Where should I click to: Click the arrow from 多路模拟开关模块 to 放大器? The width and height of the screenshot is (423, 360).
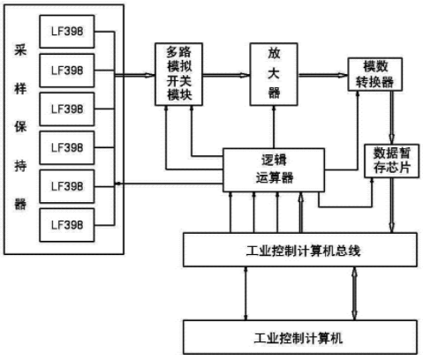tap(226, 75)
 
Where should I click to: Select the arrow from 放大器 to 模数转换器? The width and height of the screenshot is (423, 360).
tap(323, 75)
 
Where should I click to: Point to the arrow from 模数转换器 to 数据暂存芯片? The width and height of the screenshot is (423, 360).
tap(391, 117)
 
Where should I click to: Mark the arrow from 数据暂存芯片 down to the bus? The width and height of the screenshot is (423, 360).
tap(391, 206)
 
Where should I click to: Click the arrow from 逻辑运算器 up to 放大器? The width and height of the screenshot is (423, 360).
tap(274, 127)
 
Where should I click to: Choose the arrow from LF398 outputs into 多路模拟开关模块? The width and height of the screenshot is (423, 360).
tap(134, 75)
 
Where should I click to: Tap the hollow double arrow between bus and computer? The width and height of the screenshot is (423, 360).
tap(354, 294)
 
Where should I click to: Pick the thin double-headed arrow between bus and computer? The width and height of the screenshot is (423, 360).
tap(246, 294)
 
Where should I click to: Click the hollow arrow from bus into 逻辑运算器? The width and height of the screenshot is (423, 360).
tap(300, 213)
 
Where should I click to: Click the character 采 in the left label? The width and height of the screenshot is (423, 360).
tap(20, 50)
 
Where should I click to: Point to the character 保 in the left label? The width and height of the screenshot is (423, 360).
tap(20, 127)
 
